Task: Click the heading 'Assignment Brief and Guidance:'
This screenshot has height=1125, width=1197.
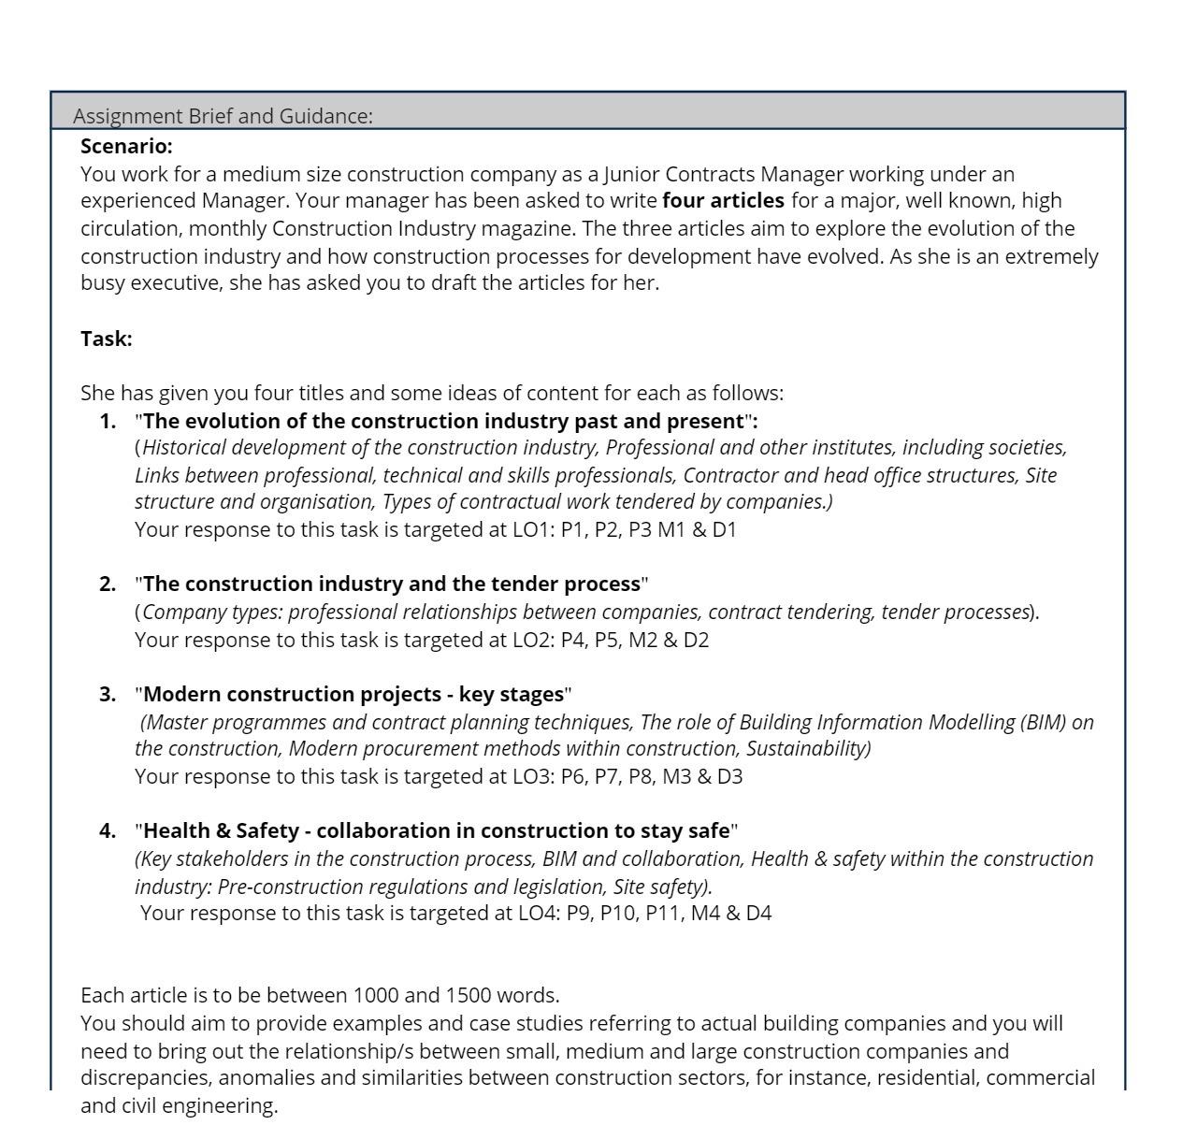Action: [x=223, y=116]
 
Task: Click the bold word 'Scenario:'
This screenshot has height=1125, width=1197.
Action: [x=126, y=146]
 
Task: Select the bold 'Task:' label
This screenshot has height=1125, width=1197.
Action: [x=107, y=339]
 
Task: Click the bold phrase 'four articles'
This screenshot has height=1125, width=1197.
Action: [x=723, y=200]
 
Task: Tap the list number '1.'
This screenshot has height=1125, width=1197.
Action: [x=108, y=421]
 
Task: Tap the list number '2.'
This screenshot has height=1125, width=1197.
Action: [x=108, y=584]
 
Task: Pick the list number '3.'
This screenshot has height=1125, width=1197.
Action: [x=108, y=694]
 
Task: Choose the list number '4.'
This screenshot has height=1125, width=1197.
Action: [x=108, y=830]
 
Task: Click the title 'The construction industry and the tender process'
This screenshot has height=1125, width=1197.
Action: [x=391, y=584]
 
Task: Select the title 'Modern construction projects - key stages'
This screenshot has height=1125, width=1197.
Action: [x=353, y=694]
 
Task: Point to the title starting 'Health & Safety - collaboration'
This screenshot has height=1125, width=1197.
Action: [x=436, y=830]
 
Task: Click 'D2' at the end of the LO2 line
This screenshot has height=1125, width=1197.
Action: [x=696, y=640]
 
